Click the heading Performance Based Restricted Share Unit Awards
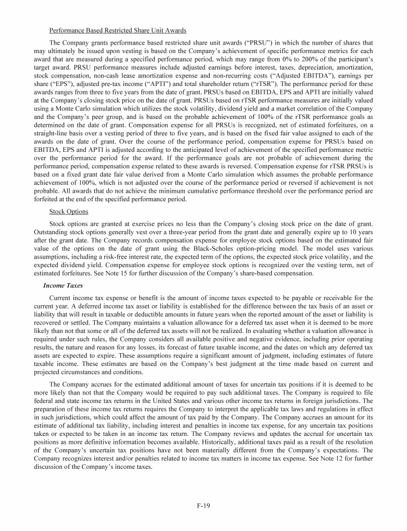coord(117,30)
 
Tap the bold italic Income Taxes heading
coord(63,285)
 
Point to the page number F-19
coord(203,506)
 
